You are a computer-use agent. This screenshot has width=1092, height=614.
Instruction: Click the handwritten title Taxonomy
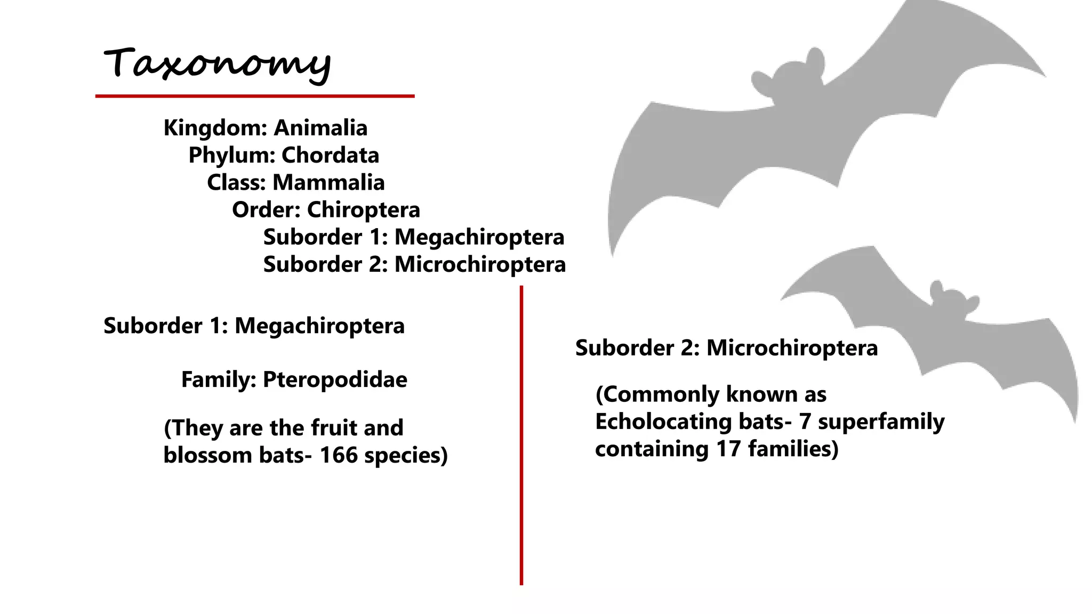tap(217, 64)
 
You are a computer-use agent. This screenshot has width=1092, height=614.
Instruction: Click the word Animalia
tap(320, 128)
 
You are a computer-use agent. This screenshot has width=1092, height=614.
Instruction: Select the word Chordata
tap(330, 155)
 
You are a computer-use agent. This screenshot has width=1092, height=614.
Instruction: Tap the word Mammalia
tap(328, 182)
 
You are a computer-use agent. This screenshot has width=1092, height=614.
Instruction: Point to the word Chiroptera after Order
tap(363, 209)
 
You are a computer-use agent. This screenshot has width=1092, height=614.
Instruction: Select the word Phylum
tap(231, 155)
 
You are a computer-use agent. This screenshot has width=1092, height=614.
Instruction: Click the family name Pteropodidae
tap(335, 379)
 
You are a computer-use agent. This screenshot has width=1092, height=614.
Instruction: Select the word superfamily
tap(881, 422)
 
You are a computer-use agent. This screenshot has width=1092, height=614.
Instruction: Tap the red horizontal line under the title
tap(255, 96)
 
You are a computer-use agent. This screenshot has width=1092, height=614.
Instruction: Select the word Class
tap(236, 182)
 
